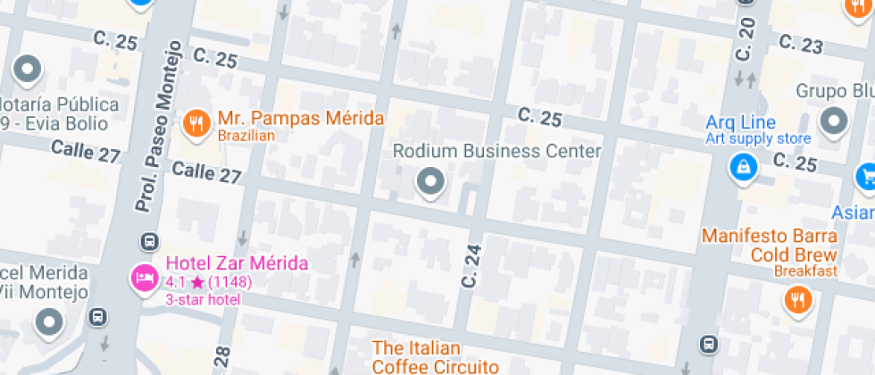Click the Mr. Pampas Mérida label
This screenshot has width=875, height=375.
pyautogui.click(x=301, y=118)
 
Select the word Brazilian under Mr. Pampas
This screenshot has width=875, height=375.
pyautogui.click(x=246, y=136)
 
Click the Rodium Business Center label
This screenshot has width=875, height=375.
pyautogui.click(x=497, y=151)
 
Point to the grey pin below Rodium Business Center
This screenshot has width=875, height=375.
pyautogui.click(x=431, y=182)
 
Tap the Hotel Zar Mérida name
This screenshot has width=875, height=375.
pyautogui.click(x=237, y=263)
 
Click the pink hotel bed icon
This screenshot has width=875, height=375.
pyautogui.click(x=143, y=278)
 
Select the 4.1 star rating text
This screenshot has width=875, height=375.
pyautogui.click(x=208, y=282)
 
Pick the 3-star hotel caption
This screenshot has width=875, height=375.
pyautogui.click(x=203, y=299)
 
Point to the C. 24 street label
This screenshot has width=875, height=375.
pyautogui.click(x=471, y=265)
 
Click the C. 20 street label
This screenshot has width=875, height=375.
pyautogui.click(x=744, y=38)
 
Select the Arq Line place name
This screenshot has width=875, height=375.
pyautogui.click(x=740, y=122)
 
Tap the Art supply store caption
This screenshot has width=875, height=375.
pyautogui.click(x=758, y=138)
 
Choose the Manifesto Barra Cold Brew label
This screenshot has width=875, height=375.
pyautogui.click(x=769, y=245)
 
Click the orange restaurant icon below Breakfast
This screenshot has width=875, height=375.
pyautogui.click(x=797, y=300)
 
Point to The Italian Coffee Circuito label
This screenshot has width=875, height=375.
pyautogui.click(x=434, y=356)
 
